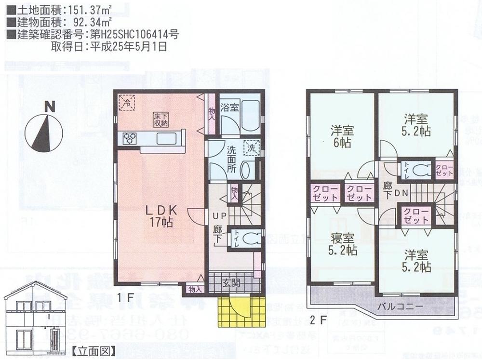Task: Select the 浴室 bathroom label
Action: (229, 107)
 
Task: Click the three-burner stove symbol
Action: (130, 138)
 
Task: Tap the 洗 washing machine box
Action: (251, 148)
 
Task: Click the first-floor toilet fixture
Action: (250, 238)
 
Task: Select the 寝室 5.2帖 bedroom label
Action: (343, 245)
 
